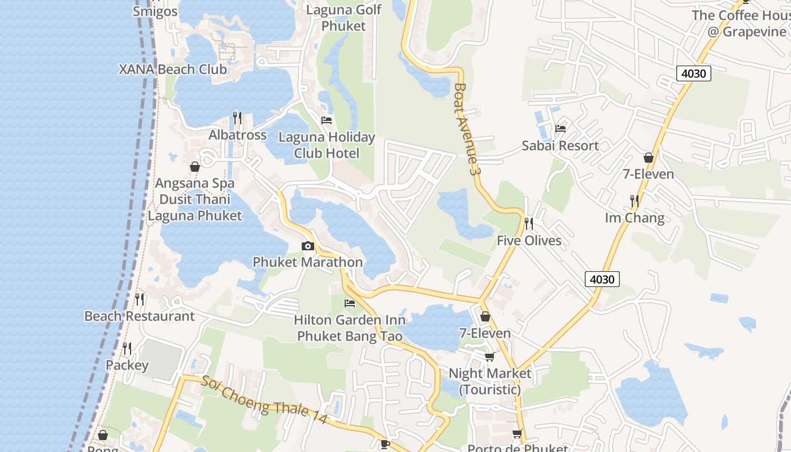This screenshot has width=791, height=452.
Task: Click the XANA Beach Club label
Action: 172,69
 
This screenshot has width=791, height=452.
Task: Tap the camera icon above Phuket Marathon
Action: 308,246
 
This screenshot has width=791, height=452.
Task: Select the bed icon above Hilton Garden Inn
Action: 350,303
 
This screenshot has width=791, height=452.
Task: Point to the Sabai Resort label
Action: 560,146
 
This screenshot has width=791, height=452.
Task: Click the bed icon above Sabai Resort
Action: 560,129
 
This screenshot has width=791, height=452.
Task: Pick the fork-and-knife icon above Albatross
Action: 237,118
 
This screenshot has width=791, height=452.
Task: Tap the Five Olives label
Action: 529,241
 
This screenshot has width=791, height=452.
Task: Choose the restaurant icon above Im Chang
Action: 634,201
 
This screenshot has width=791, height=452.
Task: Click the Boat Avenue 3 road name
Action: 467,128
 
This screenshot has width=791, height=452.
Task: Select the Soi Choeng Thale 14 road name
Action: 264,401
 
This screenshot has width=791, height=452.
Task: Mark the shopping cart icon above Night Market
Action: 490,357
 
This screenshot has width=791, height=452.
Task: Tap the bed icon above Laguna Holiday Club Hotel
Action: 327,120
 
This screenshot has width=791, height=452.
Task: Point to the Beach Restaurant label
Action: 140,316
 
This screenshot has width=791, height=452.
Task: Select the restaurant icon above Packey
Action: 127,349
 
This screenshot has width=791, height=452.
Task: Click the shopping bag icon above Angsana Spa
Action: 195,167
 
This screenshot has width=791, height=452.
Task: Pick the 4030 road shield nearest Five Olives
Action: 602,279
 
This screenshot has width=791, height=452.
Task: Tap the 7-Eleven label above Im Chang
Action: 648,174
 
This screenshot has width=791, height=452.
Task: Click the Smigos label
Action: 155,11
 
